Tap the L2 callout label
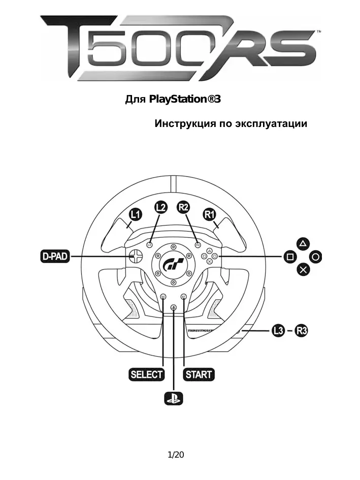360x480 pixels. click(x=160, y=207)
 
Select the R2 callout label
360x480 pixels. click(x=184, y=207)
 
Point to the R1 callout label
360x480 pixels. click(x=210, y=215)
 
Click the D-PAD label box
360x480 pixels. click(x=54, y=257)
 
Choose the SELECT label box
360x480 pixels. click(x=147, y=375)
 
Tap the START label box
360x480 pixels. click(x=199, y=375)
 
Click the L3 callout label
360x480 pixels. click(x=278, y=331)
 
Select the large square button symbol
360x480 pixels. click(x=289, y=257)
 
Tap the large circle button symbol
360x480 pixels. click(x=316, y=257)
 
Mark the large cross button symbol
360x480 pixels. click(x=303, y=270)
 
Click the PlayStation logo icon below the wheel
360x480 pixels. click(x=173, y=399)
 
